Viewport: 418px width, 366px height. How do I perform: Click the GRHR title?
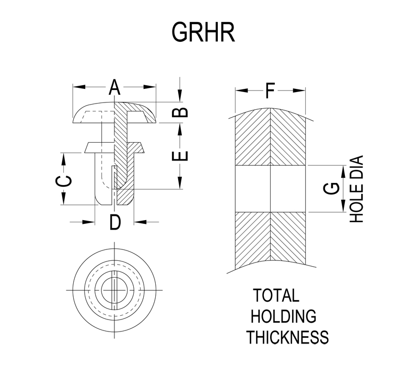(203, 32)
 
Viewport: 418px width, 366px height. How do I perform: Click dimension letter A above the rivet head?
(114, 87)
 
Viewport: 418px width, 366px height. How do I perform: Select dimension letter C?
(63, 181)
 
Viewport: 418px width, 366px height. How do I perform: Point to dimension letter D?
(115, 222)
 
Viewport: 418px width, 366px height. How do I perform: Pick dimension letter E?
(180, 156)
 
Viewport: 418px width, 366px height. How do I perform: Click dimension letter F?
(270, 90)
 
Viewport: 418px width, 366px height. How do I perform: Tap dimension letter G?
(331, 189)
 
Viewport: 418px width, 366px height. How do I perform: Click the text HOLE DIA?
(356, 189)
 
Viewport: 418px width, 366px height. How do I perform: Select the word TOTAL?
(276, 295)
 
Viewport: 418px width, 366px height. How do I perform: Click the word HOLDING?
(283, 316)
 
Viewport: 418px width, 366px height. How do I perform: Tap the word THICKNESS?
(287, 337)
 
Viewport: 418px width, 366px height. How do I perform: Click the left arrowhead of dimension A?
(79, 87)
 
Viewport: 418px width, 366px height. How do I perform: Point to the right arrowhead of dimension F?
(299, 90)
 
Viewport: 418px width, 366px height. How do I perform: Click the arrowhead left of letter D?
(88, 222)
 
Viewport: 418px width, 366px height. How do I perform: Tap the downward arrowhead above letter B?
(180, 96)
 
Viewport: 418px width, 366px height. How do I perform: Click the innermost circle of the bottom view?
(114, 290)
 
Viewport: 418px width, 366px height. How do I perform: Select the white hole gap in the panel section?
(270, 189)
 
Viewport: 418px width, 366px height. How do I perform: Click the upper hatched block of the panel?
(270, 137)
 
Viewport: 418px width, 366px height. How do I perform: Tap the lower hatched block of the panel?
(270, 239)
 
